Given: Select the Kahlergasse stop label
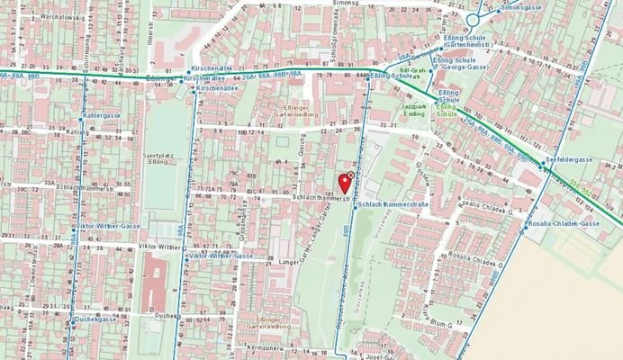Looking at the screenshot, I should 101,116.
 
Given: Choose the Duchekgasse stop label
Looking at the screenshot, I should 95,319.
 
